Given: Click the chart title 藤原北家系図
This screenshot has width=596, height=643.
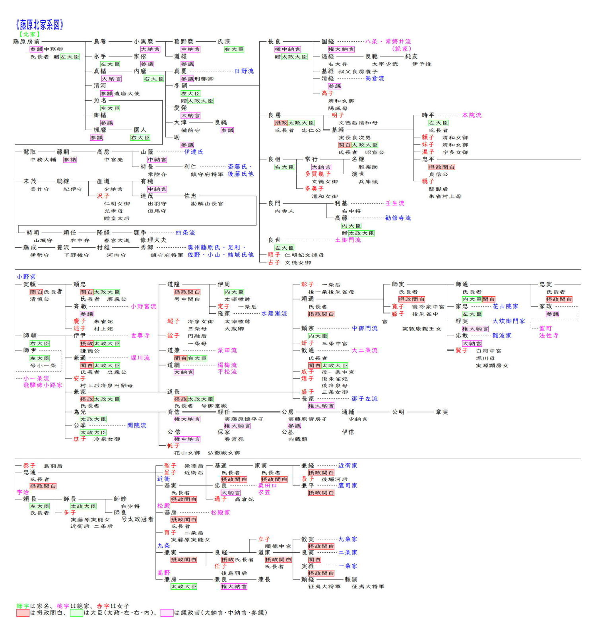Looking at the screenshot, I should tap(40, 25).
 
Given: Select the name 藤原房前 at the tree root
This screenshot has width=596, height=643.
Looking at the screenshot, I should tap(27, 41).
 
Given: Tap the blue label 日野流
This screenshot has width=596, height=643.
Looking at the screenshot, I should tap(244, 71).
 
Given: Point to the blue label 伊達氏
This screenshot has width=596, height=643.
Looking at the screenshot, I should tap(194, 152).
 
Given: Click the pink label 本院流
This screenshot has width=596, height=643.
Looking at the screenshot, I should tap(472, 115).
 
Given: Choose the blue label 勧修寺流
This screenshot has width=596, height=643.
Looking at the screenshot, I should tap(398, 218).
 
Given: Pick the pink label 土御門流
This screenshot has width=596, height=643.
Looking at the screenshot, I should tap(348, 240).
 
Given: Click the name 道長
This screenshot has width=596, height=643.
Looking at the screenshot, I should tap(173, 392).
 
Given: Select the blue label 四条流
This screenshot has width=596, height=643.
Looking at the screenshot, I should tap(185, 233).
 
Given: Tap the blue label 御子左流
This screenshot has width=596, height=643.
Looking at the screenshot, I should tap(364, 398).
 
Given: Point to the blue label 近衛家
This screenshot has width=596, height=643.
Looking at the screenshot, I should tap(348, 465).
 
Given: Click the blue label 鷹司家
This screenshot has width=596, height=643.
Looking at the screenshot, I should tap(348, 486).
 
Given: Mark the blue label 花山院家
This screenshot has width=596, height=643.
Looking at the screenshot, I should tap(505, 306).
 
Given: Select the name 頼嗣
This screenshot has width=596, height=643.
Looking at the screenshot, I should tap(351, 579).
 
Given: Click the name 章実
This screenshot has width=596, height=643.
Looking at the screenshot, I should tap(442, 412).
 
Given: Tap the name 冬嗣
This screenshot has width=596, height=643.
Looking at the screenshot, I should tap(181, 85).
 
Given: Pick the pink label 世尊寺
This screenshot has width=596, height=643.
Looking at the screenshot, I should tap(140, 336).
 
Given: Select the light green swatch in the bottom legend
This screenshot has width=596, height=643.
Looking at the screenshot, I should tap(76, 613).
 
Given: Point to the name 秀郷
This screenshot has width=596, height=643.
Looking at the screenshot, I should tap(147, 247).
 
